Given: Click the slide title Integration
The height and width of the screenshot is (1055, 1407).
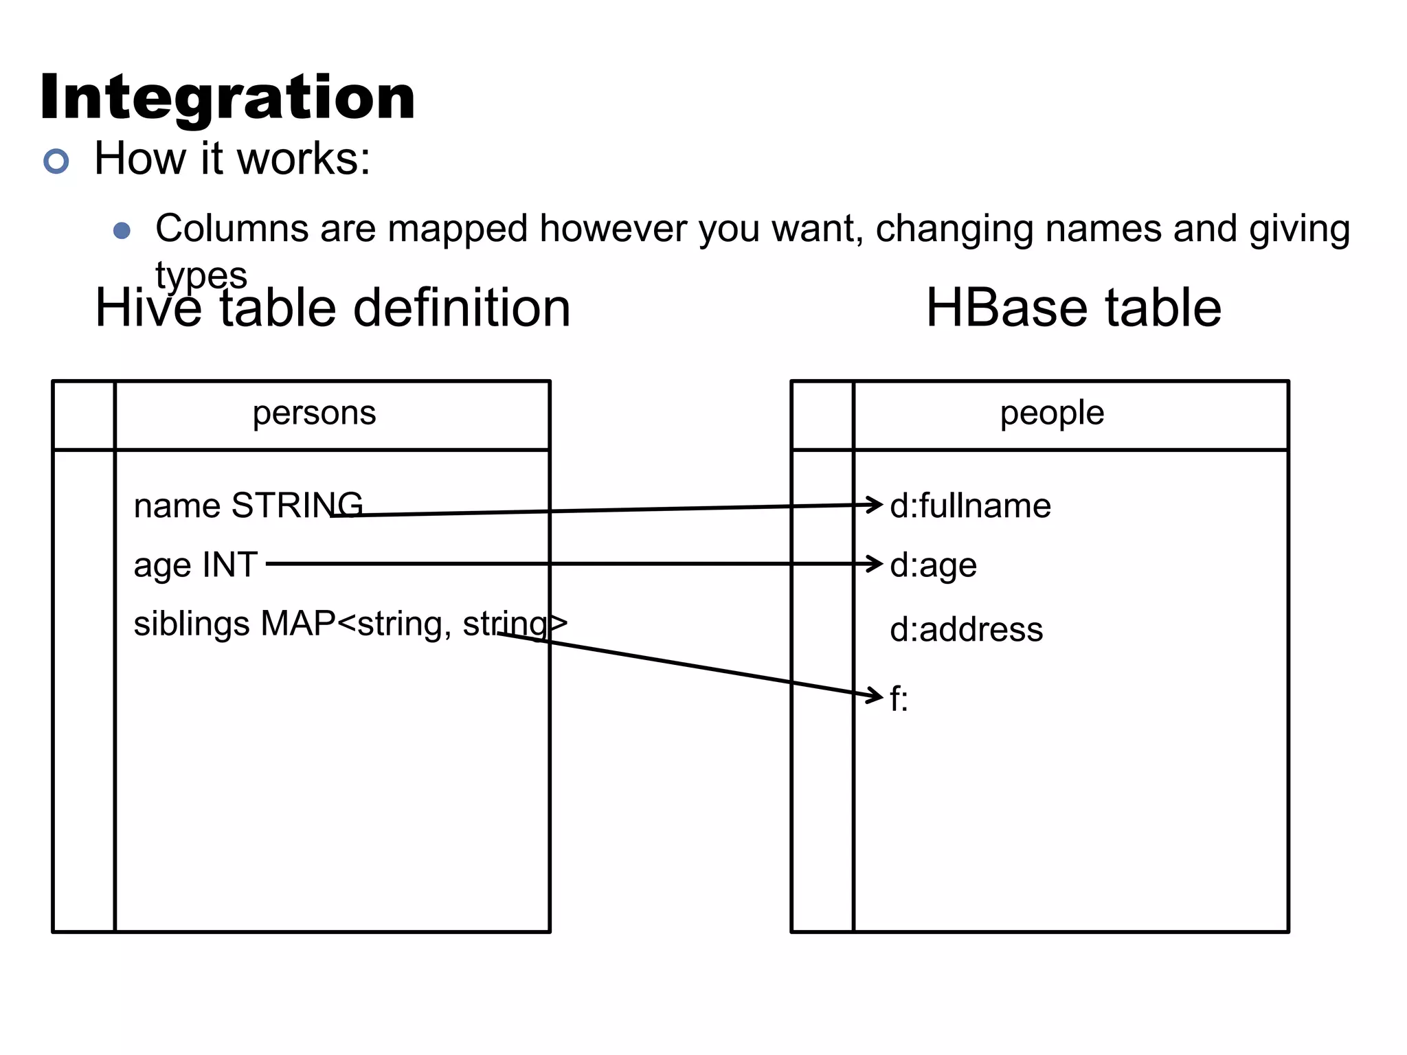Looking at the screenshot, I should click(227, 97).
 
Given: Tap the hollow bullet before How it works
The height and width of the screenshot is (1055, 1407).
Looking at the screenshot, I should click(56, 161).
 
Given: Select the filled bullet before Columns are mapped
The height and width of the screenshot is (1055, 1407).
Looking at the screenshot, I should click(122, 231).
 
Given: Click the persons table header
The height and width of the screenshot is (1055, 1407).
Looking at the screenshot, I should click(314, 413).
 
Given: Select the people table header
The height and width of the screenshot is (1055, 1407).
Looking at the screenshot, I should click(1051, 413).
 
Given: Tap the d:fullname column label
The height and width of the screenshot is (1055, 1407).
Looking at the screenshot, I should click(970, 506).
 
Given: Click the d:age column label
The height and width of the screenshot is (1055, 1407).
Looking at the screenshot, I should click(933, 566).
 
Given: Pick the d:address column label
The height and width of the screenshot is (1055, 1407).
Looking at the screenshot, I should click(966, 629).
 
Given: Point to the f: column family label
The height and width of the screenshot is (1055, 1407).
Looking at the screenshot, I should click(899, 700).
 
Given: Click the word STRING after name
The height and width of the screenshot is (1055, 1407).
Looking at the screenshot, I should click(297, 506).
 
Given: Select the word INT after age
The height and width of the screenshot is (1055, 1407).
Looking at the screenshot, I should click(229, 565).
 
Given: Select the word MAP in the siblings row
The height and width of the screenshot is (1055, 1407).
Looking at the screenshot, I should click(297, 624).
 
